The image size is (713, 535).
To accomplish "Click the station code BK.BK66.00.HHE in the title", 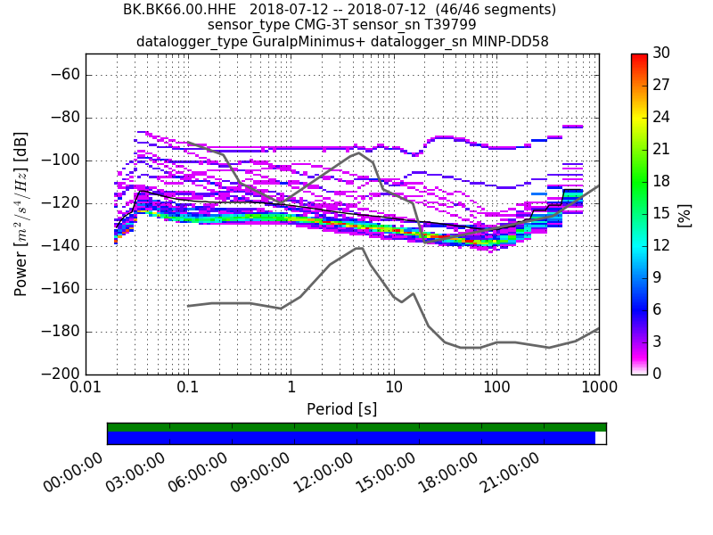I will (177, 10).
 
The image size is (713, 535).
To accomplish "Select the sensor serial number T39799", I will (443, 25).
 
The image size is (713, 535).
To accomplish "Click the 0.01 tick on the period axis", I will (86, 390).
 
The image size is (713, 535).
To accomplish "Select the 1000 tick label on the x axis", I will (598, 390).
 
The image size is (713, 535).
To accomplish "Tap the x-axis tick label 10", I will (393, 390).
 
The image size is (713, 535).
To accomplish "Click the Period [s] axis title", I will (341, 409).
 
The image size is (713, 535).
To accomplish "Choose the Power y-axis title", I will (21, 214).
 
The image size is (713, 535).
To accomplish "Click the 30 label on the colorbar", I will (661, 53).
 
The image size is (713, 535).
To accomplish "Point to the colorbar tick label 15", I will (661, 214).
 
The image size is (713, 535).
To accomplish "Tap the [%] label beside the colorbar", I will (684, 214).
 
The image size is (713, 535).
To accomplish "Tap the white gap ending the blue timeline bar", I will (601, 438).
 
